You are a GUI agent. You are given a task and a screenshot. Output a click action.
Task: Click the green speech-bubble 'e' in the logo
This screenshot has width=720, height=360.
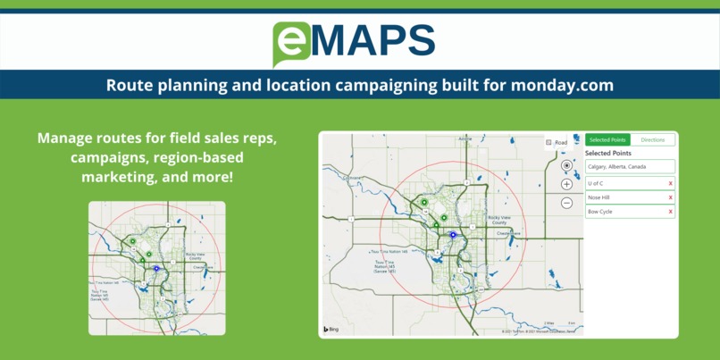coord(291,41)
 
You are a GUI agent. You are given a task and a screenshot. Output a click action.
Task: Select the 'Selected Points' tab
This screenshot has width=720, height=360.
coord(607,140)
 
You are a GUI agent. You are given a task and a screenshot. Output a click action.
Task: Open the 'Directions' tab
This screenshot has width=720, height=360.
coord(653,140)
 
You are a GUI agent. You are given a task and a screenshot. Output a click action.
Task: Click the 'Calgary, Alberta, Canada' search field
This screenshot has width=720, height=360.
coord(629,167)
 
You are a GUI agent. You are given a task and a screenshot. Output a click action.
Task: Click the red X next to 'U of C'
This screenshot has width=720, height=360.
coord(671,183)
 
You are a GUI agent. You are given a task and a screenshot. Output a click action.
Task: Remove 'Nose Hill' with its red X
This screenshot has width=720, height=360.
coord(671,197)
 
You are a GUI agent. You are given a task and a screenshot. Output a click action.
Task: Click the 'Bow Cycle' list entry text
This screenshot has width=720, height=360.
coord(600,212)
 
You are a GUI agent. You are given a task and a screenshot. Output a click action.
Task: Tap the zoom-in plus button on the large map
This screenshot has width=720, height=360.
coord(566,184)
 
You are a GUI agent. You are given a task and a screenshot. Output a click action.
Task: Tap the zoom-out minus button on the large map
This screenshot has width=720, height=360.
coord(566,203)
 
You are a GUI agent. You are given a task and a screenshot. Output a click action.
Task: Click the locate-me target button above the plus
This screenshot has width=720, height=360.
coord(566,165)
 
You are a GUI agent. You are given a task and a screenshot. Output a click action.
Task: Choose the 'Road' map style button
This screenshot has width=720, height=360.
coord(557,143)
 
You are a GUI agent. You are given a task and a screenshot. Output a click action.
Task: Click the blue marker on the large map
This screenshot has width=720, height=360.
coord(453,235)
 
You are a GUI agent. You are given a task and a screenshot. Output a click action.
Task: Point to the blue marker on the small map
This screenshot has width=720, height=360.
coord(155,267)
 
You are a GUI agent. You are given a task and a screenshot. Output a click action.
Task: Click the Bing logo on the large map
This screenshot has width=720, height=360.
coord(331,329)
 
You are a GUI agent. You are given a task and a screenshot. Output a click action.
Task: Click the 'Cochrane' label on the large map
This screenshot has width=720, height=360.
coord(350,178)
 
